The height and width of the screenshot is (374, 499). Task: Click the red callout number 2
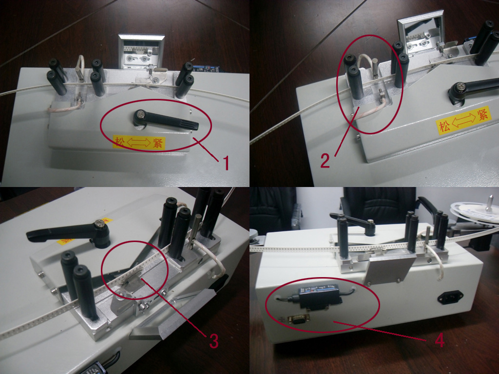pyautogui.click(x=325, y=159)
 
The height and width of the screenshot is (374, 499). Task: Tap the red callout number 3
pyautogui.click(x=213, y=340)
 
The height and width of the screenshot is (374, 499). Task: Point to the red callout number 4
pyautogui.click(x=440, y=340)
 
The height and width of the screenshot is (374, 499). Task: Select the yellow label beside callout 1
pyautogui.click(x=139, y=143)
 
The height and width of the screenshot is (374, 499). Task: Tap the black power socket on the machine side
pyautogui.click(x=451, y=298)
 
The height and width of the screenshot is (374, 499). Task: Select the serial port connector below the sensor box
pyautogui.click(x=295, y=319)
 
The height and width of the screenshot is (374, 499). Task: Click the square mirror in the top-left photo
pyautogui.click(x=137, y=51)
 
